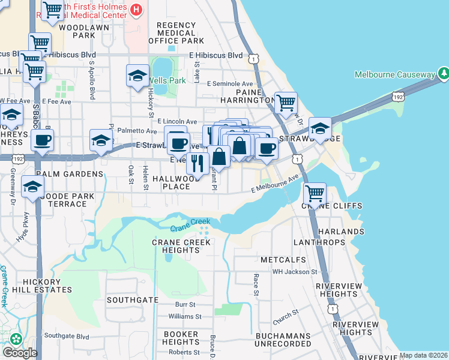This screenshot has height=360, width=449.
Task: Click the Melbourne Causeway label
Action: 394,74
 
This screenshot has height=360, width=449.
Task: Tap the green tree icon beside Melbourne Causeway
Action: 444,74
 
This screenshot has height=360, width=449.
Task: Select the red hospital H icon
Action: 137,10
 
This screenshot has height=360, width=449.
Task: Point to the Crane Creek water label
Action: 190,227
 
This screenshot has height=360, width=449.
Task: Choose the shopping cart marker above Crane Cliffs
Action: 315,193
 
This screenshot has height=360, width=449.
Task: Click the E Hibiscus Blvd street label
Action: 215,56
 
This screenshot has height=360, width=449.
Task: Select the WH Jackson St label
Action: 294,272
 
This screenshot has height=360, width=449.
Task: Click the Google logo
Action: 20,353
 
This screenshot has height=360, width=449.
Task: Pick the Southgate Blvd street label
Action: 67,335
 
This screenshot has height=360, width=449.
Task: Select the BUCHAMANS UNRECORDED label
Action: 283,340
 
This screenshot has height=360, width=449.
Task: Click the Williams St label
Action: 182,316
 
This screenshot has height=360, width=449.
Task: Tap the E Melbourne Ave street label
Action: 274,184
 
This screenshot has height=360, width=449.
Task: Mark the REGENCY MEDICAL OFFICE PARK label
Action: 176,33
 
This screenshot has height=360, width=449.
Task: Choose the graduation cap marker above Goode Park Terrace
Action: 32,187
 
